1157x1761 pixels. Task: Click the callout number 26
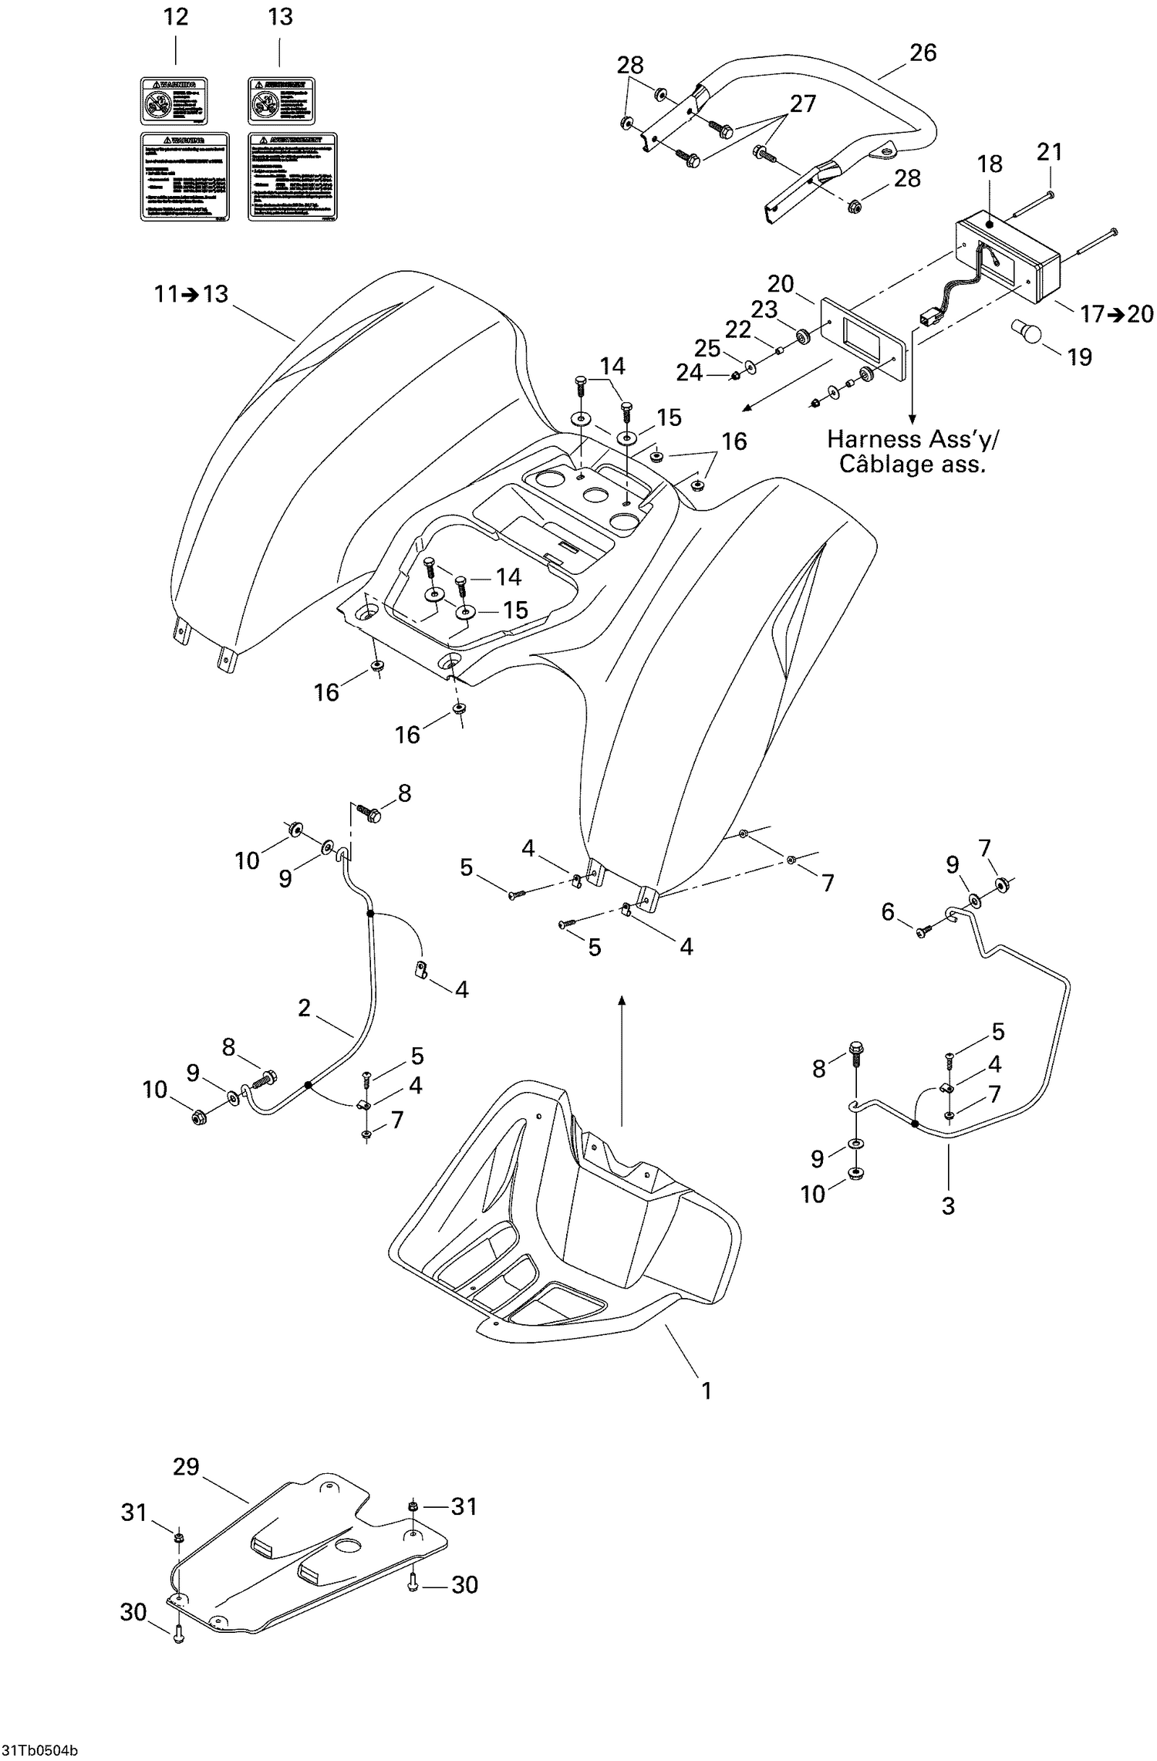(923, 52)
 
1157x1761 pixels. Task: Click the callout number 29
(186, 1466)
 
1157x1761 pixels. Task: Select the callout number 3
(948, 1205)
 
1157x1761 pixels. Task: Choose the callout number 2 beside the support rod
(304, 1007)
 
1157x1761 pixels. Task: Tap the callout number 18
(990, 164)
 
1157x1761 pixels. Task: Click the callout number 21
(1049, 152)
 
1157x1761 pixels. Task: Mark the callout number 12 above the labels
(176, 17)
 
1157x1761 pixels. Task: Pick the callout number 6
(888, 912)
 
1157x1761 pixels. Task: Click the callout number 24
(689, 373)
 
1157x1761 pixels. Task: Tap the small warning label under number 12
(174, 100)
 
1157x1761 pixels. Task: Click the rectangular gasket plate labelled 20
(864, 340)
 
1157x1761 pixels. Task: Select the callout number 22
(737, 330)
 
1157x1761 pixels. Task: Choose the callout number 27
(802, 103)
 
